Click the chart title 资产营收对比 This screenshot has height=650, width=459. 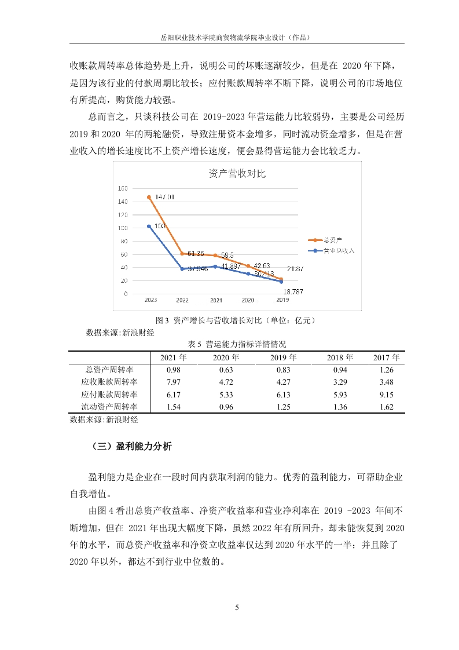click(x=236, y=174)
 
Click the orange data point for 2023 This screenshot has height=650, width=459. click(x=149, y=197)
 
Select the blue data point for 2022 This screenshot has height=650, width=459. click(x=182, y=269)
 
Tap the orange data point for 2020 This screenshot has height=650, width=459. click(x=248, y=266)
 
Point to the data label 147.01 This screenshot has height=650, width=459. click(x=165, y=198)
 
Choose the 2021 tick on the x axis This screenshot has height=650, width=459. click(x=215, y=301)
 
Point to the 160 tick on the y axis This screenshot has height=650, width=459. click(x=123, y=188)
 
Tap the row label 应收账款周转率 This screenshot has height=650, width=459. click(x=109, y=382)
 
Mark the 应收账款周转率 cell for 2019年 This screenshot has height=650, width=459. click(x=283, y=382)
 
